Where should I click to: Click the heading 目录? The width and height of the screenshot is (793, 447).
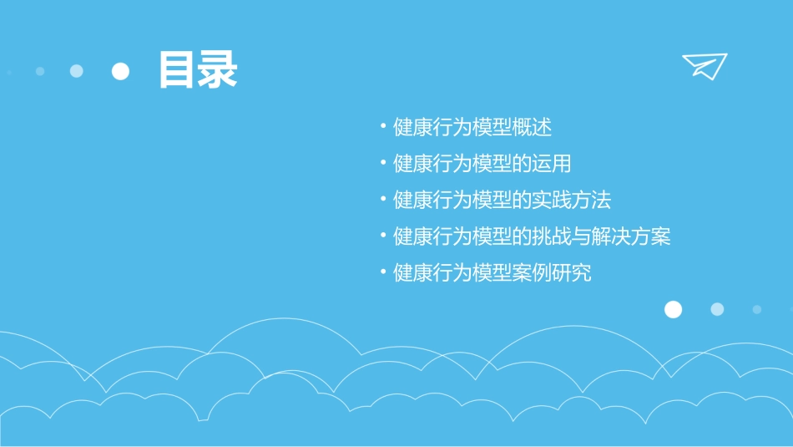click(198, 70)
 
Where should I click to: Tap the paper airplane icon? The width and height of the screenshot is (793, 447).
click(705, 66)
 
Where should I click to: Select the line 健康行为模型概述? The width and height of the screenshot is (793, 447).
click(472, 128)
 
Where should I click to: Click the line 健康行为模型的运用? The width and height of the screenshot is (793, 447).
click(482, 164)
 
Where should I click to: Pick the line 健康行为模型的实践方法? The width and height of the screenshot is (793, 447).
click(503, 201)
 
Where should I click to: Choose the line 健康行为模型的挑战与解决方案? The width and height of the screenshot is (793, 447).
click(532, 236)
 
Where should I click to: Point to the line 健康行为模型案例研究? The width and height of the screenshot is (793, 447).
click(492, 273)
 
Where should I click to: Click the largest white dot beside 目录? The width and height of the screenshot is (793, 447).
click(121, 71)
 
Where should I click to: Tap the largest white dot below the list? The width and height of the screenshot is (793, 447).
click(673, 310)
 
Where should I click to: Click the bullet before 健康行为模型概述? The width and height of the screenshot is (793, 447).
click(382, 128)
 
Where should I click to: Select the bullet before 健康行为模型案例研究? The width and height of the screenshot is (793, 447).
click(382, 272)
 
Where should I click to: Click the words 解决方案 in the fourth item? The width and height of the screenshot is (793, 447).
click(631, 236)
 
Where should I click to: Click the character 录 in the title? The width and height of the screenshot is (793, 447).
click(218, 70)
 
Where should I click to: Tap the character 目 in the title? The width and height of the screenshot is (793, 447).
click(177, 70)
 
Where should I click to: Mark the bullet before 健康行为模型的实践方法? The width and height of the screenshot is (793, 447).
click(382, 201)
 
